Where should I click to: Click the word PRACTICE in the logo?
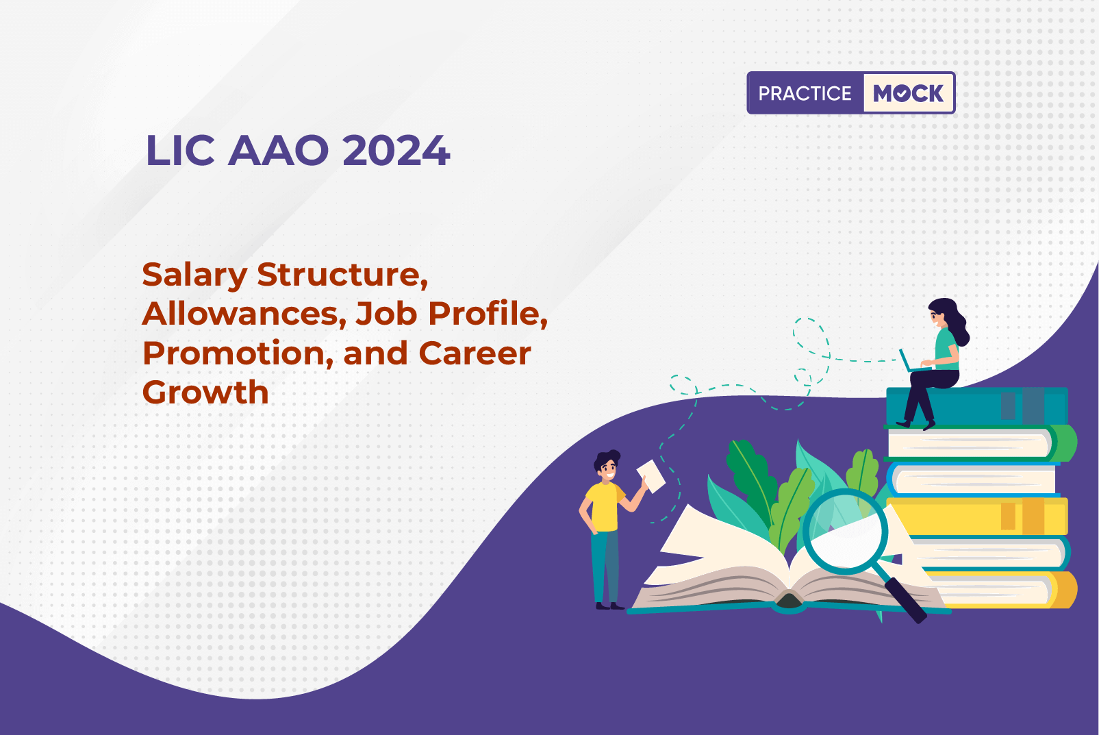[805, 93]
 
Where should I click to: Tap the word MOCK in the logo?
[908, 93]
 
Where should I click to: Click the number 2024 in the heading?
[396, 150]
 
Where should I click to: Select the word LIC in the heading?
[180, 150]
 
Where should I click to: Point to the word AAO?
[278, 150]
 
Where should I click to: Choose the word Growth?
[205, 392]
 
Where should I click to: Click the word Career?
[475, 353]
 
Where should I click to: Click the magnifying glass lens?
[845, 532]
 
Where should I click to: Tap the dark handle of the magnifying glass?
[905, 600]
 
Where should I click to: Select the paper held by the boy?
[651, 476]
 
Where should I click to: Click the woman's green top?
[946, 349]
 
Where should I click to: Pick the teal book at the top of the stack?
[977, 406]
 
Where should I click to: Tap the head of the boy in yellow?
[607, 465]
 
